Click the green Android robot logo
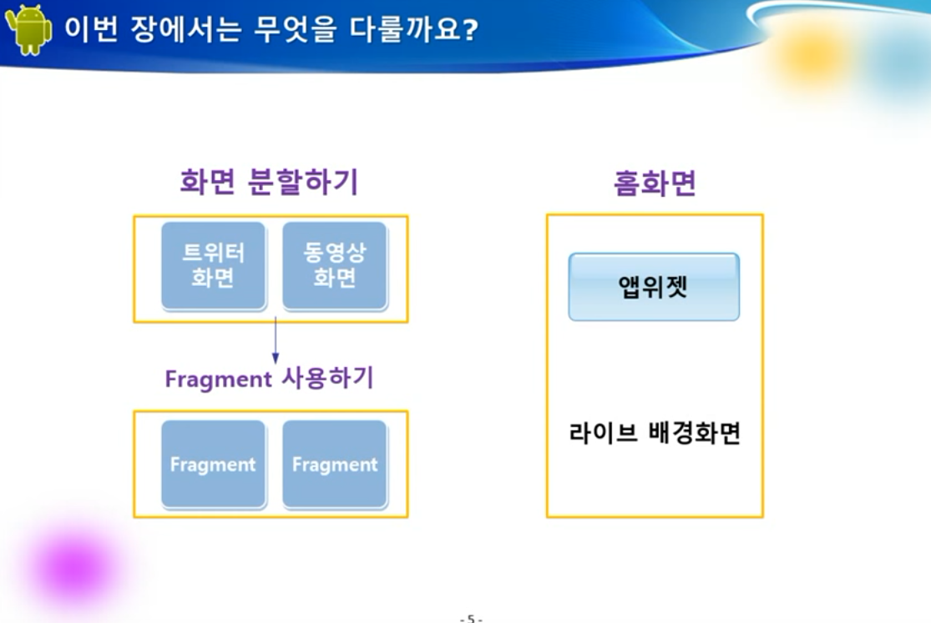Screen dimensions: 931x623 [x=28, y=30]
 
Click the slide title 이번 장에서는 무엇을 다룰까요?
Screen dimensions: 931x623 [x=271, y=28]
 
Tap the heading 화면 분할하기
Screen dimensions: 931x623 [x=269, y=182]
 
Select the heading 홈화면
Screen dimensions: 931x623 [x=655, y=183]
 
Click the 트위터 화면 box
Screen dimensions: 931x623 [x=213, y=265]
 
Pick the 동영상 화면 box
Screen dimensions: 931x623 [x=335, y=265]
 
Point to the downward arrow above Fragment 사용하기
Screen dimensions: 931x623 [x=275, y=340]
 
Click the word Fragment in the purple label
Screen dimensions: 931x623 [x=218, y=379]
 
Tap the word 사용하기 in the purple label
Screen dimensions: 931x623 [x=327, y=378]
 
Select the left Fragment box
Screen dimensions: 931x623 [x=213, y=464]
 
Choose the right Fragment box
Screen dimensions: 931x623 [x=335, y=464]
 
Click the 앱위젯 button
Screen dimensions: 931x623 [x=654, y=287]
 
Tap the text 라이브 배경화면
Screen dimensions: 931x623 [x=655, y=433]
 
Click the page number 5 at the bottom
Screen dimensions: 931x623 [x=471, y=618]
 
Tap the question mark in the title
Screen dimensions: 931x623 [x=469, y=29]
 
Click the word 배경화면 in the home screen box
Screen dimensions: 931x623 [x=695, y=433]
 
